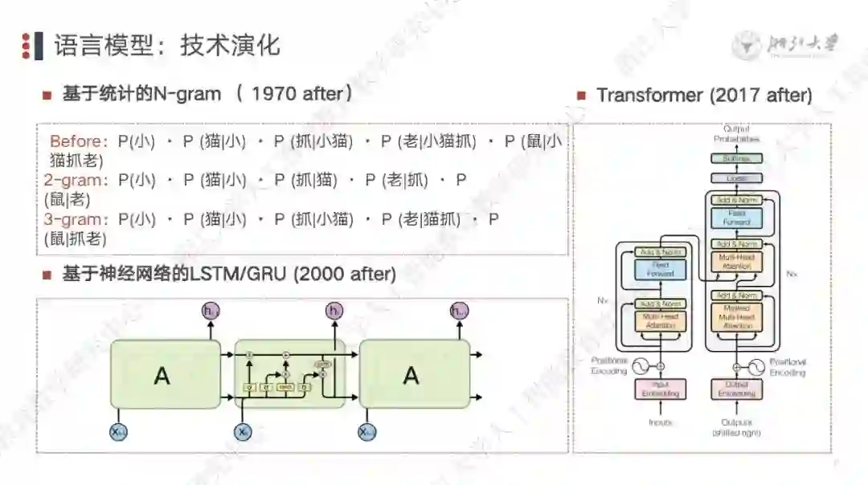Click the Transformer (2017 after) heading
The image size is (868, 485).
pos(704,95)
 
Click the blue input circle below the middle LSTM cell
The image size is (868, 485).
pos(243,432)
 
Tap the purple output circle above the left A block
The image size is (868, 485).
pos(211,311)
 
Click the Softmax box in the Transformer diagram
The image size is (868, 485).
pos(735,159)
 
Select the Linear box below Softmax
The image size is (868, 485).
pos(735,178)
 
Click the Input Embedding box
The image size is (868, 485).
pos(661,389)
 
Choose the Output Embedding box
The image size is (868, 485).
pos(735,389)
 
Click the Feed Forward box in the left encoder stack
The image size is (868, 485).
pos(661,269)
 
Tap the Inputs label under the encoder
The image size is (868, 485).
pos(661,422)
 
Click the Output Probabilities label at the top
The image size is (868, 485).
pos(735,134)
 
